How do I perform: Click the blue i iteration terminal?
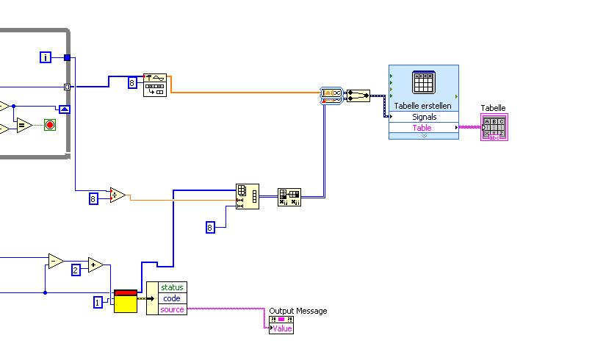point(46,57)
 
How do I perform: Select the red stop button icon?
point(50,124)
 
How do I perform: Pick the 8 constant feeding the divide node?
point(93,198)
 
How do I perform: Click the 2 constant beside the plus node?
point(76,270)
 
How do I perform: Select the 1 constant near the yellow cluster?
point(98,302)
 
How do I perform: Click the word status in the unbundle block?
point(172,287)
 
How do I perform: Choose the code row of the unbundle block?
point(172,298)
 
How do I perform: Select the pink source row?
point(172,309)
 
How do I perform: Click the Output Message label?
point(298,311)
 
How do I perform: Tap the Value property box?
point(282,328)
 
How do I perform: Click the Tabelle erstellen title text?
point(423,106)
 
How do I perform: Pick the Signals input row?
point(424,117)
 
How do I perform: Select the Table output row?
point(422,128)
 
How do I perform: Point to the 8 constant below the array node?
point(210,227)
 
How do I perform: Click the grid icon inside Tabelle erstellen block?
point(424,83)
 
